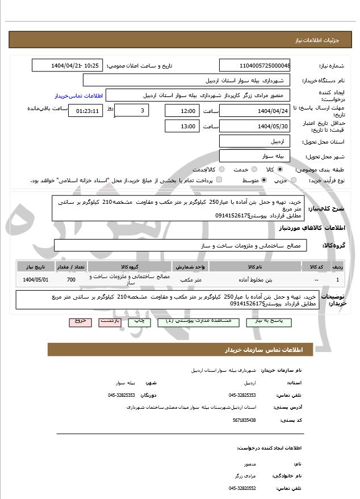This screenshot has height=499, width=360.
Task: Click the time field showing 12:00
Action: point(182,111)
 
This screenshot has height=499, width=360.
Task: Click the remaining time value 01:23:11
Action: point(86,111)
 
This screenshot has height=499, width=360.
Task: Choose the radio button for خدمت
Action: point(253,169)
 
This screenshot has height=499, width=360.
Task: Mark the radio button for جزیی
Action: point(293,180)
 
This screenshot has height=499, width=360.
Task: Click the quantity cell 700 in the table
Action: point(71,280)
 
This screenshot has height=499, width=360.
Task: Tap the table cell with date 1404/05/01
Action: point(36,280)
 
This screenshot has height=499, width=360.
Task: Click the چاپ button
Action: point(138,321)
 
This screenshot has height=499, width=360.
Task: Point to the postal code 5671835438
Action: point(244,420)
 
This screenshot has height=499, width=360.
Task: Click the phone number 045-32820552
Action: point(242,488)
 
